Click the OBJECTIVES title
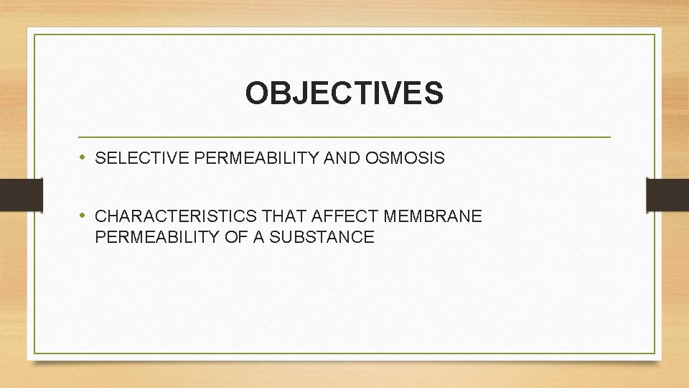pos(344,93)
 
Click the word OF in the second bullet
pos(235,237)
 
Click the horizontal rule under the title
pos(344,137)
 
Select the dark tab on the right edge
pos(667,194)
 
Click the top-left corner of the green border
pos(34,34)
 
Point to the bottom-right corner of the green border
pos(655,353)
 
